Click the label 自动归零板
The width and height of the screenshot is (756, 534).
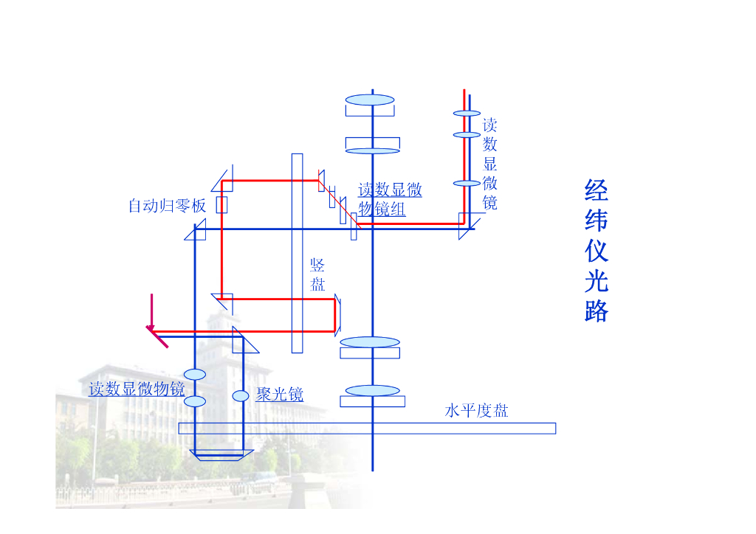(x=167, y=206)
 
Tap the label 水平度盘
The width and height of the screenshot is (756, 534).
(x=476, y=411)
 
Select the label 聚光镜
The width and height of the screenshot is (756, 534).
(x=280, y=395)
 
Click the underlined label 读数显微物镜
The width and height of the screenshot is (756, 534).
(x=137, y=389)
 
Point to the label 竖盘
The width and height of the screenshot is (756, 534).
(x=317, y=275)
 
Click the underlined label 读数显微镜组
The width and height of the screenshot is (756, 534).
(x=390, y=200)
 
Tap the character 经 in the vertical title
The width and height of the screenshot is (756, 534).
(x=596, y=190)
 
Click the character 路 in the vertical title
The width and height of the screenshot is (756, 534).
(x=596, y=311)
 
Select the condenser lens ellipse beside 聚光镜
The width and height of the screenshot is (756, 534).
(x=241, y=396)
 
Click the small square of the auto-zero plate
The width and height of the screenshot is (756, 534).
(x=221, y=204)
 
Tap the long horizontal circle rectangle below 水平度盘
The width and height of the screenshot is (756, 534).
(x=367, y=428)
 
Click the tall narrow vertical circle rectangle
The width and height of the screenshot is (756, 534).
(x=297, y=253)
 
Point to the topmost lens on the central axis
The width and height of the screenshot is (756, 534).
(x=370, y=100)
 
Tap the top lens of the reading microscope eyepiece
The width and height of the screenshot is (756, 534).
(x=467, y=114)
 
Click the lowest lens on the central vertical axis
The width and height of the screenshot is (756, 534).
(x=373, y=390)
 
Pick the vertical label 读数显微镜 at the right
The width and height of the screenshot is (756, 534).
(x=489, y=163)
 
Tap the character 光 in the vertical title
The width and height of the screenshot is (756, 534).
(x=596, y=281)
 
